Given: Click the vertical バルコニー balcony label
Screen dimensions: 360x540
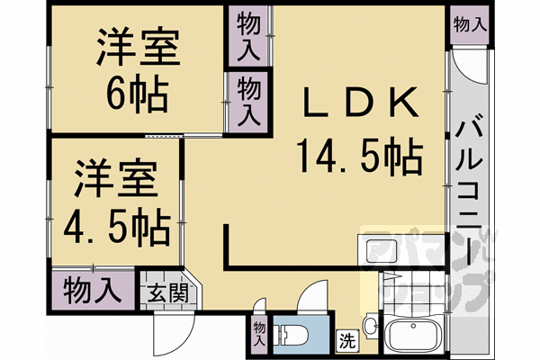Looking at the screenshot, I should (471, 189).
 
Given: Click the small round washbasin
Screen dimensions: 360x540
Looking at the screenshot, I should (371, 323).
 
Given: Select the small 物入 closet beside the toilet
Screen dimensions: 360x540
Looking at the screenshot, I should (258, 332).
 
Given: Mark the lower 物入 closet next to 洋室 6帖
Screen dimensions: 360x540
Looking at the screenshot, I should (248, 102).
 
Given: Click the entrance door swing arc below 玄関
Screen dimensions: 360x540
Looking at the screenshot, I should (172, 335).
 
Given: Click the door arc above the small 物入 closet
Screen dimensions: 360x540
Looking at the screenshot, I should (259, 309).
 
